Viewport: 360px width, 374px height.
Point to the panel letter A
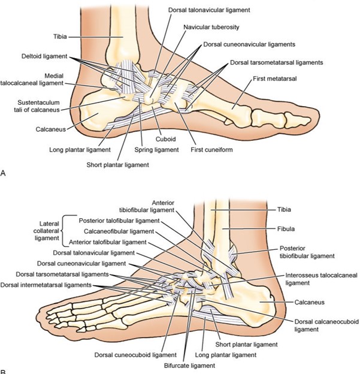pyautogui.click(x=5, y=173)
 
